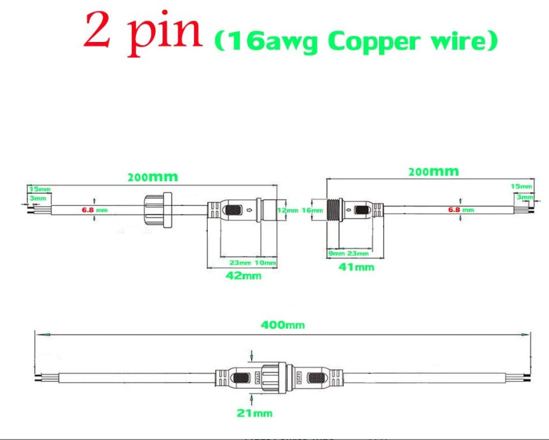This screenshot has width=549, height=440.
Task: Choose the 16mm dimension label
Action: (311, 210)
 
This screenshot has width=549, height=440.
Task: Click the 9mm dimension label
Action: (336, 254)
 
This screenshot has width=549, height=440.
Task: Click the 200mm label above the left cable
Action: (153, 177)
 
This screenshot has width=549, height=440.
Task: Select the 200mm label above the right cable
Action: (433, 172)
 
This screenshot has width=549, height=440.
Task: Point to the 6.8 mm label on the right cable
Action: (460, 210)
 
